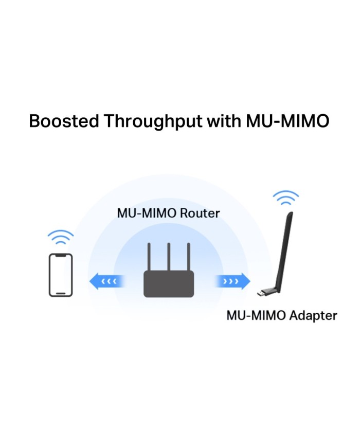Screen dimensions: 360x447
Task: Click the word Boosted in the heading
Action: pos(64,121)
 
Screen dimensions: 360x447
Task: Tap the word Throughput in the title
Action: pos(153,121)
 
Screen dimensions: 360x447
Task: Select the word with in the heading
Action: pos(224,121)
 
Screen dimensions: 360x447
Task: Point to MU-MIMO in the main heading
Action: pos(287,121)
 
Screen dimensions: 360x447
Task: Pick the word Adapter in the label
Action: pos(313,316)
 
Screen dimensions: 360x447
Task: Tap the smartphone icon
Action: pos(61,275)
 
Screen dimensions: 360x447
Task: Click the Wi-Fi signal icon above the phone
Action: pos(61,237)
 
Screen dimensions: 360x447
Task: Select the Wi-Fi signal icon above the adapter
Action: pos(286,198)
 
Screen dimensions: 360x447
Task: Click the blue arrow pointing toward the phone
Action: pos(106,281)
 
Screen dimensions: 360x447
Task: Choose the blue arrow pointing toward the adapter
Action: pos(232,281)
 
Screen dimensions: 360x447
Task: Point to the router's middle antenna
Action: pos(169,257)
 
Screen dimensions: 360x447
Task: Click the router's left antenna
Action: pos(149,257)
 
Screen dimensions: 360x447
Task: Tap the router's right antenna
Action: pos(188,257)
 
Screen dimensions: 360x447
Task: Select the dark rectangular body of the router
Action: pos(169,284)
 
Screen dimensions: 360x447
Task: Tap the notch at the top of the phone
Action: pos(61,256)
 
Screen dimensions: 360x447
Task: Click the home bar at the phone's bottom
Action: pos(61,293)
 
